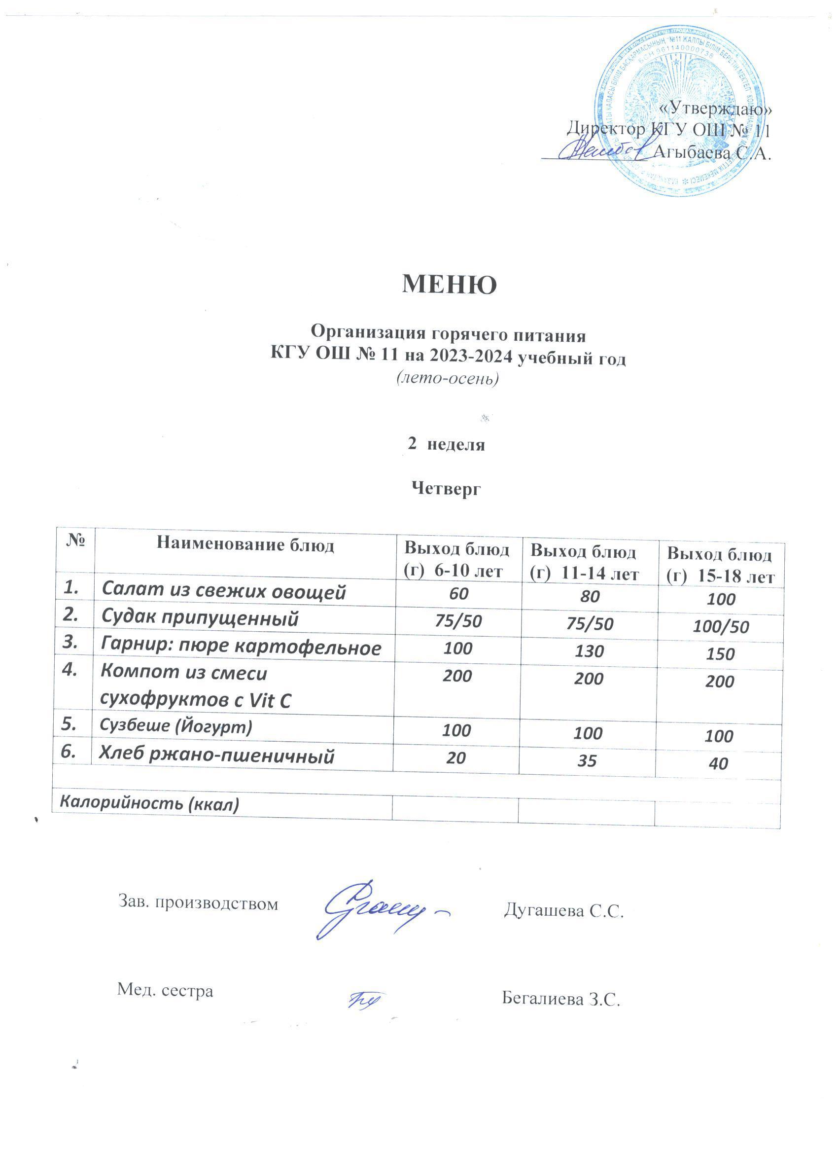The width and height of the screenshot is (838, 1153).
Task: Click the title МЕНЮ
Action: click(449, 285)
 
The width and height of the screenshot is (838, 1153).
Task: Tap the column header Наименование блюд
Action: click(245, 545)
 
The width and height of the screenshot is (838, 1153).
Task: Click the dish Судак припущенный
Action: click(200, 618)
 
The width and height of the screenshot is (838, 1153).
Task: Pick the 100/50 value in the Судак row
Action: click(721, 627)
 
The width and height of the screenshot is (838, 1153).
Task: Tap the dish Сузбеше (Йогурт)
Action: click(176, 726)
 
